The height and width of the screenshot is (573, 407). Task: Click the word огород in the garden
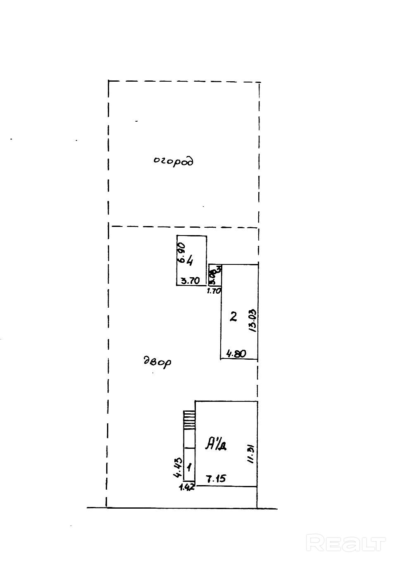174,161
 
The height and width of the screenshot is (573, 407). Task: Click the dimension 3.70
191,281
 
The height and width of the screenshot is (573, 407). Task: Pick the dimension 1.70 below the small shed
214,290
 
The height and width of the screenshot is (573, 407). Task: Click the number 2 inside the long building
233,317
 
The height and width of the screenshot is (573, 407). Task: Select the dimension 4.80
236,354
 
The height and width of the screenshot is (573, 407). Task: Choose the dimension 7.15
216,479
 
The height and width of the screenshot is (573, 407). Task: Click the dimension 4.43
178,467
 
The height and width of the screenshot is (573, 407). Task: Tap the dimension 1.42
187,487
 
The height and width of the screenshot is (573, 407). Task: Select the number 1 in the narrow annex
189,467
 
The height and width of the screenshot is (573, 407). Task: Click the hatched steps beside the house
189,420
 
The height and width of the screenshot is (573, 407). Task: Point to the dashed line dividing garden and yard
182,226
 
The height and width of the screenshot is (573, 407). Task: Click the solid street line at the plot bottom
182,507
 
